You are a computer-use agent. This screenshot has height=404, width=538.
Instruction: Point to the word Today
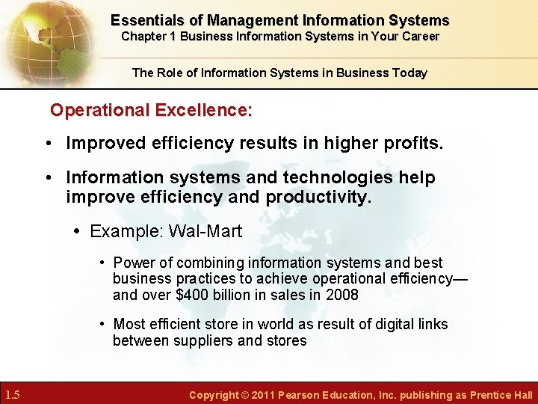coord(408,73)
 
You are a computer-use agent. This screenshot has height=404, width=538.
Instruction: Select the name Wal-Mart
coord(205,232)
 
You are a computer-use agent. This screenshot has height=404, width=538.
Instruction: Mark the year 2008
coord(342,295)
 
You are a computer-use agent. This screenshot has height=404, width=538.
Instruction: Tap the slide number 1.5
coord(13,394)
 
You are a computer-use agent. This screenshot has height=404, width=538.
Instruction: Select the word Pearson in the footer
coord(300,395)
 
